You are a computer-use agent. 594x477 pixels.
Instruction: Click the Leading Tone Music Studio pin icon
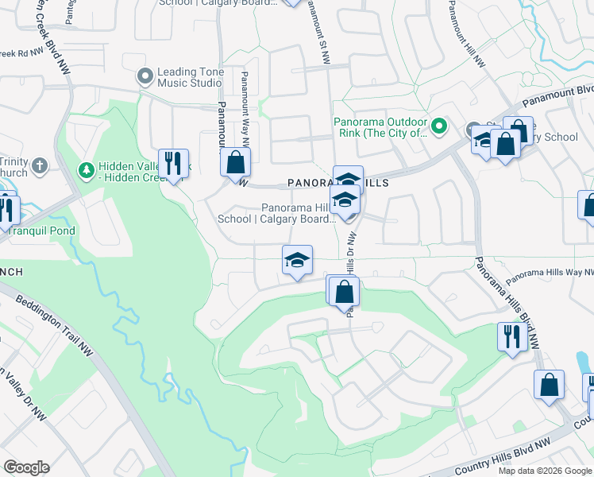click(145, 76)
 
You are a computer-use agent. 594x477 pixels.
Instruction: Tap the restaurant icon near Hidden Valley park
click(172, 164)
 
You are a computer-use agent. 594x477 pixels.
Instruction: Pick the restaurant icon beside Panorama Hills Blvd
click(510, 335)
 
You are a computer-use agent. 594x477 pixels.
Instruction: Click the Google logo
click(26, 467)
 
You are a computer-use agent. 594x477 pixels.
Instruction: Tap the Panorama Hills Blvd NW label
click(507, 301)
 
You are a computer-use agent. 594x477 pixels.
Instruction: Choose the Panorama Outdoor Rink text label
click(380, 127)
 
